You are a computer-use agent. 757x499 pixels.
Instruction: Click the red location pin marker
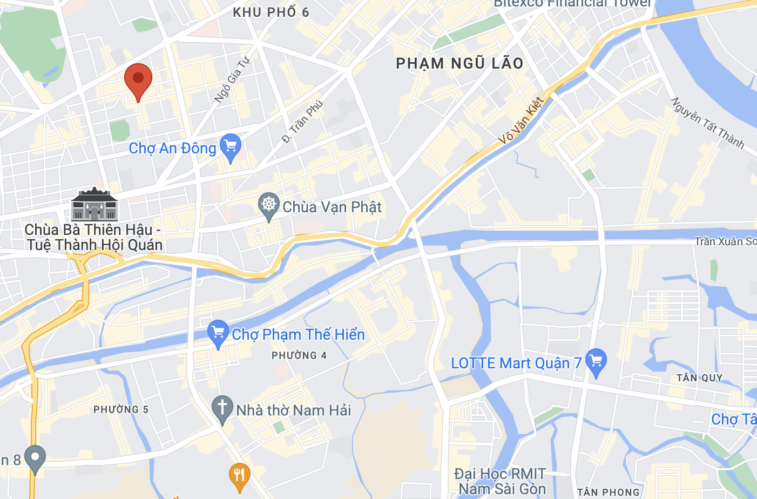[x=138, y=79]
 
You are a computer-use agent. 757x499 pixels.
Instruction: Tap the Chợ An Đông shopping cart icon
[x=231, y=146]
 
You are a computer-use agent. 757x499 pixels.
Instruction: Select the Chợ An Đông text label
[x=172, y=149]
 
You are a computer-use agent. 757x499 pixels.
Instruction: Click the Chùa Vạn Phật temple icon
[x=268, y=206]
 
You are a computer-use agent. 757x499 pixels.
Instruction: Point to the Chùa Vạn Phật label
[x=332, y=207]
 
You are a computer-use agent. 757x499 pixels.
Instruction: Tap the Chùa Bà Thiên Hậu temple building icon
[x=94, y=205]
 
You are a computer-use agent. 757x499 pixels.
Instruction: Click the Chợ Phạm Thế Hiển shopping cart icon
[x=218, y=333]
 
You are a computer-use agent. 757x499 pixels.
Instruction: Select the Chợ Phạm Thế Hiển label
[x=298, y=335]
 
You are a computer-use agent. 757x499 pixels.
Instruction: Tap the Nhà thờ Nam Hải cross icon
[x=222, y=409]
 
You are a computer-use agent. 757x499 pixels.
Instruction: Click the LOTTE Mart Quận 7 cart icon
[x=596, y=362]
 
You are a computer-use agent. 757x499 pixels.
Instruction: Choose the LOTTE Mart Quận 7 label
[x=516, y=363]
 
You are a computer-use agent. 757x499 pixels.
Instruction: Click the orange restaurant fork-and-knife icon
[x=239, y=476]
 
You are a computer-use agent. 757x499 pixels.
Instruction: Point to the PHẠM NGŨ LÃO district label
[x=459, y=64]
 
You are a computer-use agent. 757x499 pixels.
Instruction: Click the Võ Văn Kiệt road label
[x=521, y=120]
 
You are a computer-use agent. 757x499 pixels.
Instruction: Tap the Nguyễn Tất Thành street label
[x=708, y=123]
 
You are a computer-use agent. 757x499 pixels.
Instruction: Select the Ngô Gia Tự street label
[x=232, y=79]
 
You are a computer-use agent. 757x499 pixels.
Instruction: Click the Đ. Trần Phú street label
[x=302, y=121]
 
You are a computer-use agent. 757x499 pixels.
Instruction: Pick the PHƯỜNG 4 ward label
[x=299, y=355]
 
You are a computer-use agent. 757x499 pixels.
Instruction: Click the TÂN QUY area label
[x=699, y=378]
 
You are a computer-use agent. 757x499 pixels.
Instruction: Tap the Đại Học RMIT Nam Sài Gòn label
[x=501, y=482]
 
